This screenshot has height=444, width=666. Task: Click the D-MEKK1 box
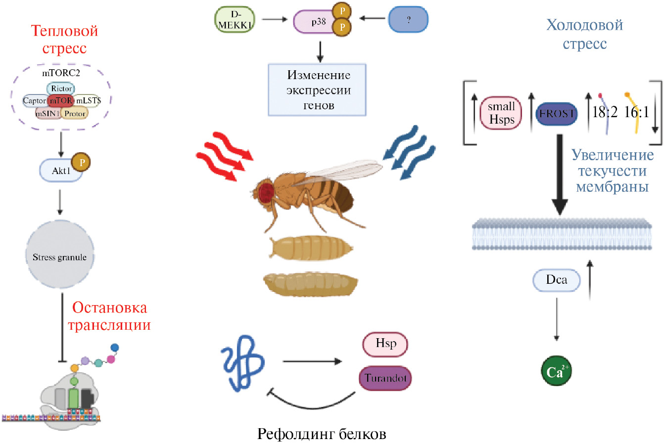point(235,20)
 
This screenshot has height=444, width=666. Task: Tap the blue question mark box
point(408,20)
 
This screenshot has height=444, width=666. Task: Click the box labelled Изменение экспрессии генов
point(317,89)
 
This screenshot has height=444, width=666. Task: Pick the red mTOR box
point(61,101)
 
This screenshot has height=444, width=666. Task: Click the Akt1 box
point(60,171)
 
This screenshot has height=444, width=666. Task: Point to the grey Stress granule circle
point(59,255)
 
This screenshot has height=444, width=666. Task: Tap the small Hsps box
point(501,113)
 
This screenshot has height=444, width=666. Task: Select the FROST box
point(557,114)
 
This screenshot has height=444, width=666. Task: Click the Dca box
point(556,280)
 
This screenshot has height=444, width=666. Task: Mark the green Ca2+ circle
point(556,371)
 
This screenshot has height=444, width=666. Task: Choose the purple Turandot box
point(385,378)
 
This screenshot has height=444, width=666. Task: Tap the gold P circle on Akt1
point(82,162)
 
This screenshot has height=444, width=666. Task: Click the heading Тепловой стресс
point(64,39)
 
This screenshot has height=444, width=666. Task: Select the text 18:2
point(605,112)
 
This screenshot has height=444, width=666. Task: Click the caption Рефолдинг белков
point(322,434)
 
